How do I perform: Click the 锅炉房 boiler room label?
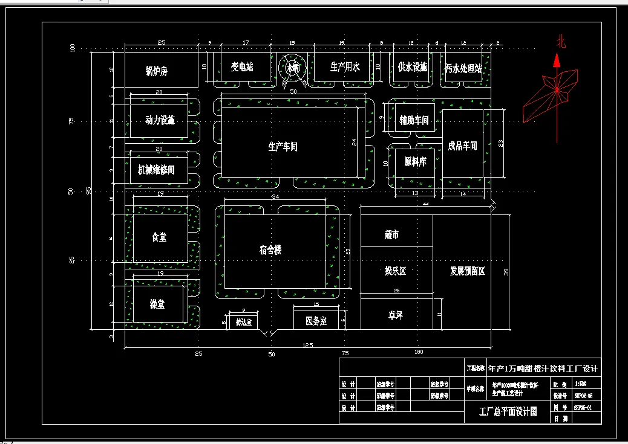[x=156, y=71]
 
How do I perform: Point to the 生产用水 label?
[x=345, y=67]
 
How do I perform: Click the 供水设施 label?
[x=412, y=67]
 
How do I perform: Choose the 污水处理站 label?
[x=463, y=68]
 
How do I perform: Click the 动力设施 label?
[x=160, y=120]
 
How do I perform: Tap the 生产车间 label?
[x=283, y=146]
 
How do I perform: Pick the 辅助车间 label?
[x=414, y=120]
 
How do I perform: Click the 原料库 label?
[x=416, y=162]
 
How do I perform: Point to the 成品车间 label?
[x=462, y=146]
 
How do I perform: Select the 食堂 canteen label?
[x=159, y=238]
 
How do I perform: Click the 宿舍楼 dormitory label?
[x=270, y=249]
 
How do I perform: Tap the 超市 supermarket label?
[x=391, y=234]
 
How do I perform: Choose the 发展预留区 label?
[x=467, y=271]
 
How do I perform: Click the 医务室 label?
[x=316, y=321]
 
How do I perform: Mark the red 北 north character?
[x=561, y=41]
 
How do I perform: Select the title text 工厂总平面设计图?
[x=508, y=411]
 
